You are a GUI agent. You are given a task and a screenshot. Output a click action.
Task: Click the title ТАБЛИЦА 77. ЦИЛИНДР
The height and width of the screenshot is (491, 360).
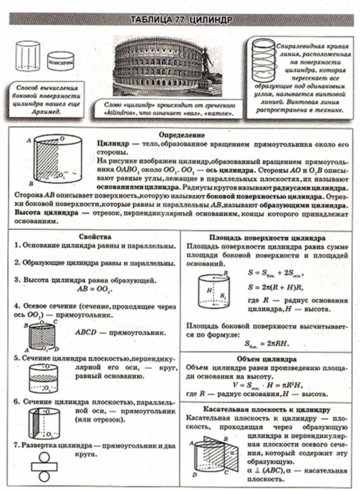click(181, 20)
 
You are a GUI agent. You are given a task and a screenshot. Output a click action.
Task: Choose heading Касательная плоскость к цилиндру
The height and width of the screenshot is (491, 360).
click(267, 409)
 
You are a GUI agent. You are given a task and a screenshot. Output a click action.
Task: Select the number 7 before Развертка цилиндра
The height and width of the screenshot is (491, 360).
click(15, 446)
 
